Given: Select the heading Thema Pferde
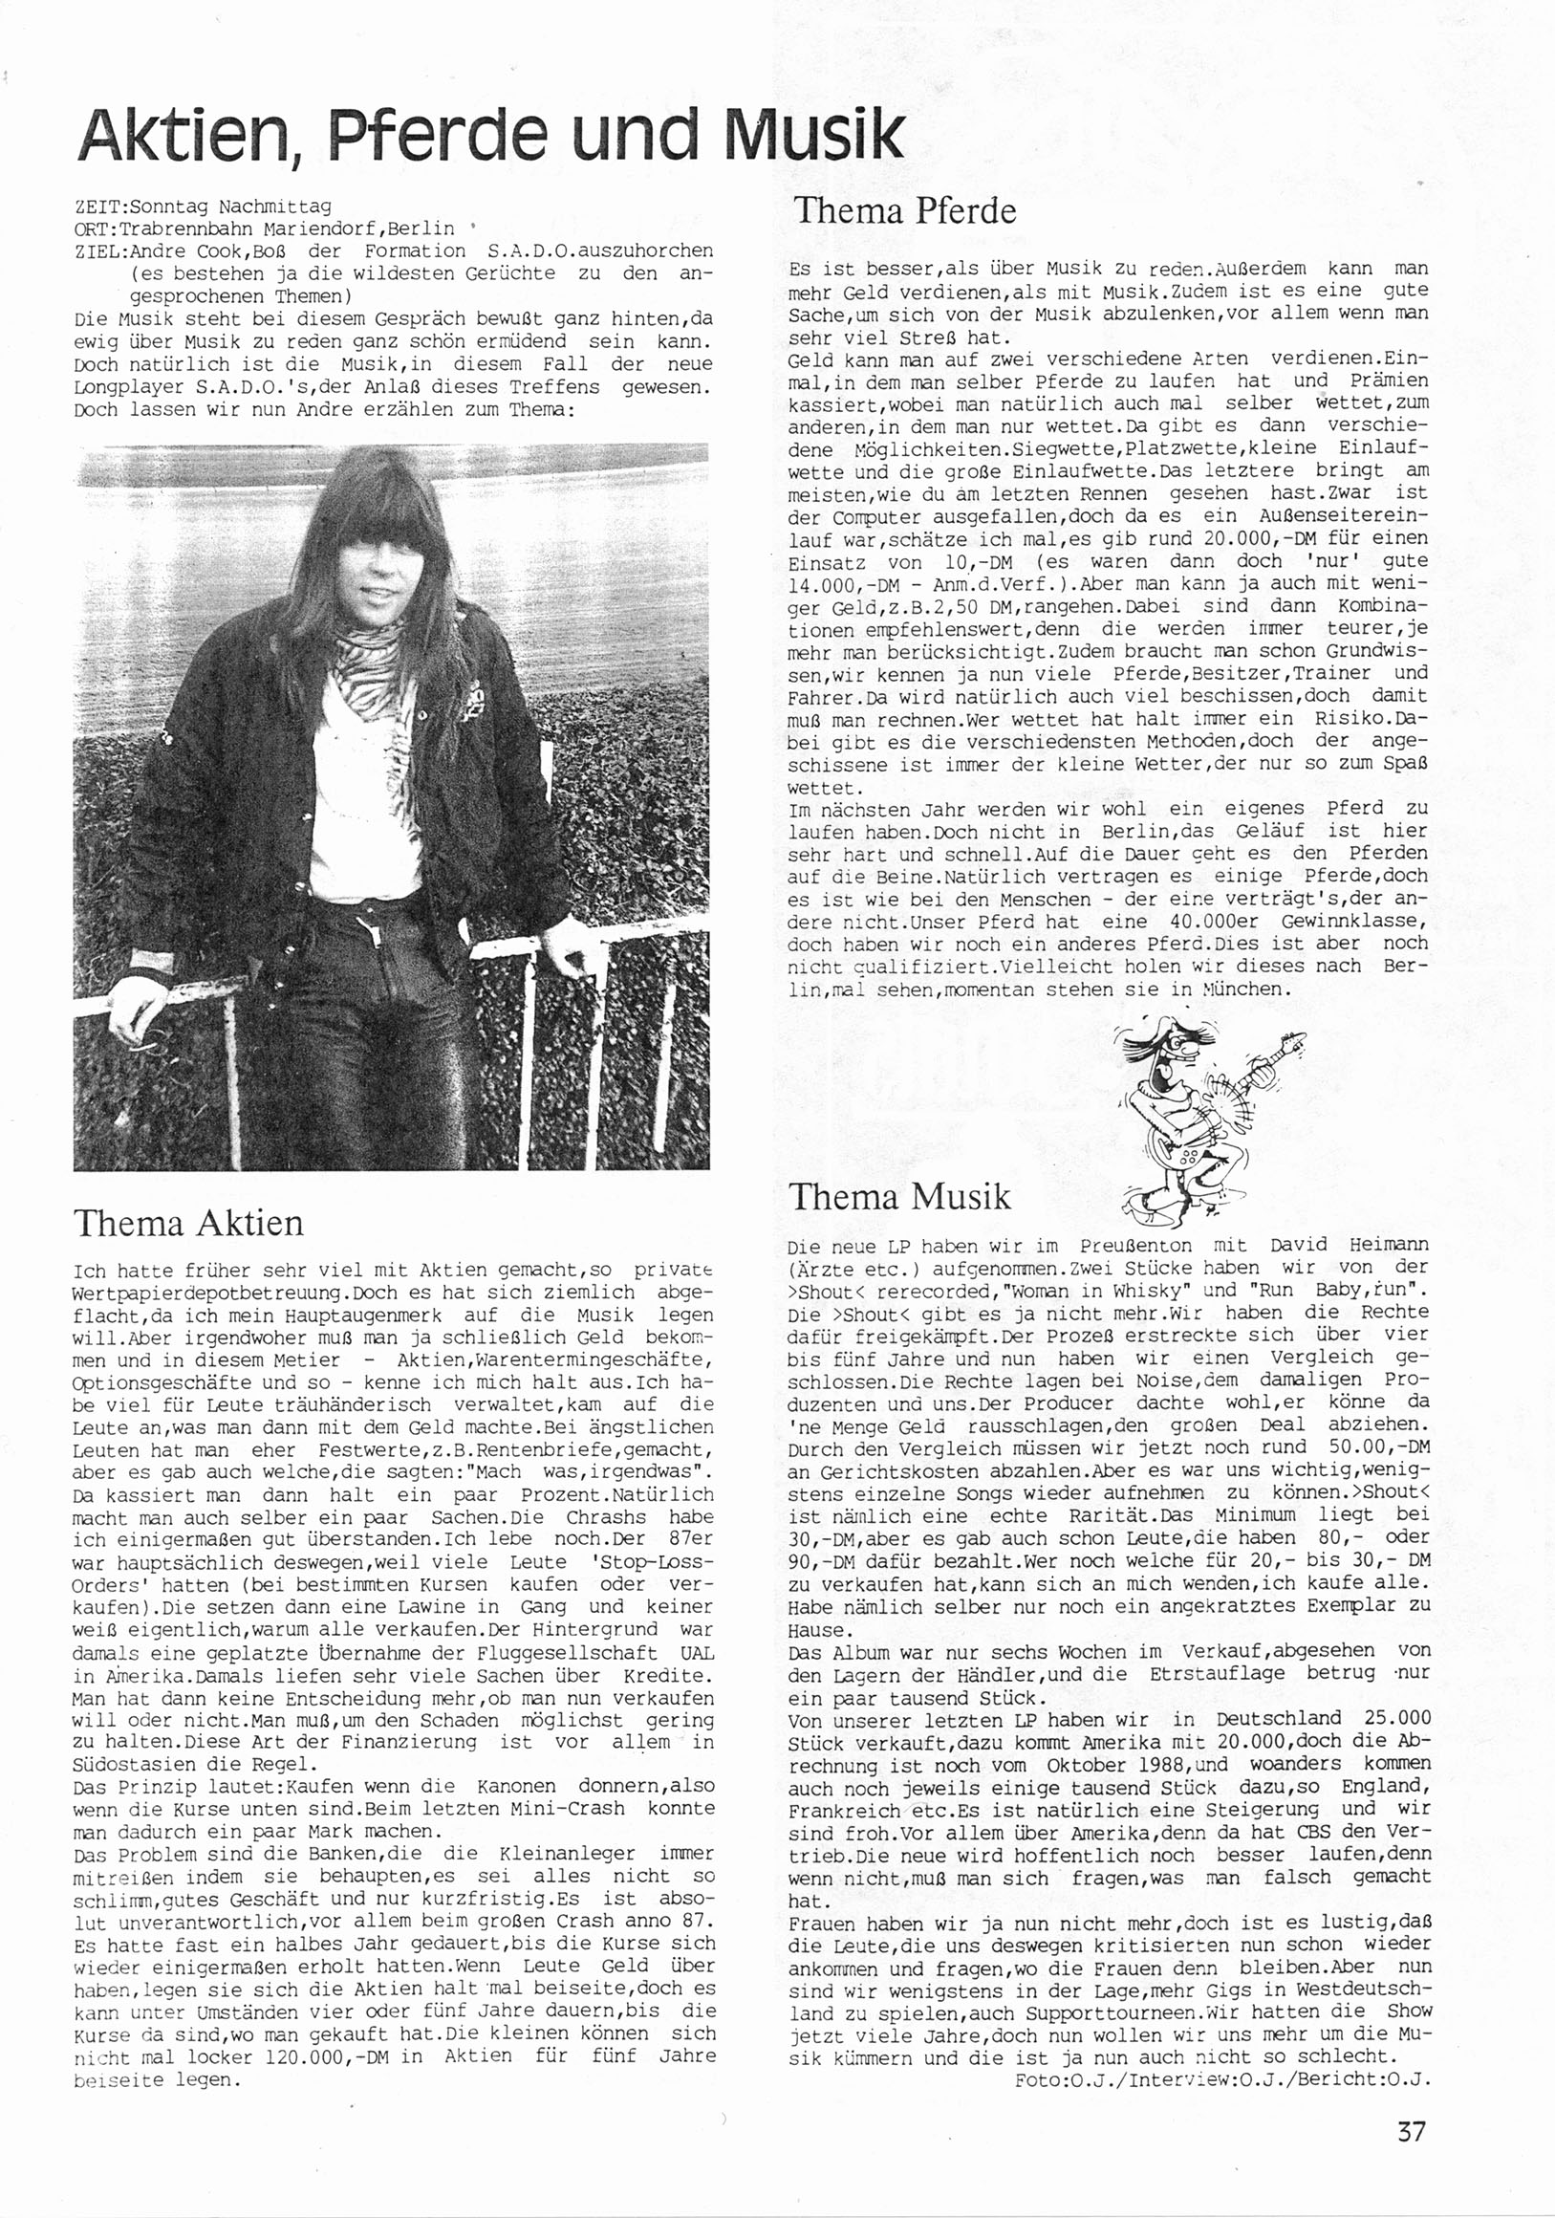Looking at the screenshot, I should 904,210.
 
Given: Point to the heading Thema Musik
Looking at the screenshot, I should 900,1197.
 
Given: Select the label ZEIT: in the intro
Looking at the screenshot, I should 100,206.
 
